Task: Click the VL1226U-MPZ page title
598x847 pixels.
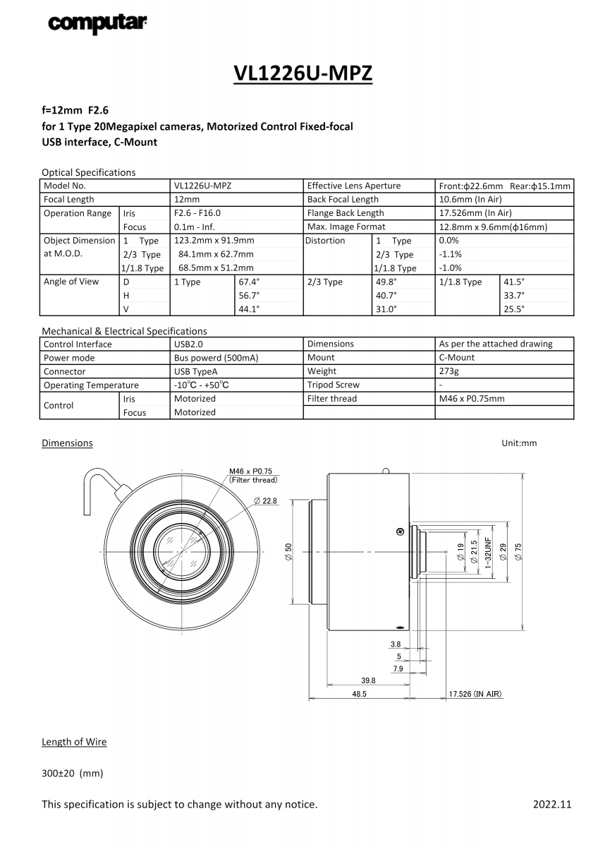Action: [x=303, y=73]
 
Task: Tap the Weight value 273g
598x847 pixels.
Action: [x=448, y=371]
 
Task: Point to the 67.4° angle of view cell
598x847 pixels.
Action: [x=249, y=282]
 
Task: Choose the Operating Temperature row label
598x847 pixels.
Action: [x=91, y=385]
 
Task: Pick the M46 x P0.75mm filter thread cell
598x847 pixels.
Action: [x=472, y=399]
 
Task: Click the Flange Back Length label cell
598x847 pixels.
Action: [x=346, y=213]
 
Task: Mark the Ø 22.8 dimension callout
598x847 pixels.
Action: [x=265, y=500]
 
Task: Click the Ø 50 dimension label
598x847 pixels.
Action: [x=288, y=552]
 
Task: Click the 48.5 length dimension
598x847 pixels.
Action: [x=359, y=695]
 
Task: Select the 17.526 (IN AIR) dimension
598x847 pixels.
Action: [x=475, y=695]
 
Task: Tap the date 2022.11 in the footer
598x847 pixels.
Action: [x=552, y=804]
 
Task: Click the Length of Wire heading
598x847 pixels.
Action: [x=74, y=742]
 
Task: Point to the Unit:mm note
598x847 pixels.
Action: [x=519, y=443]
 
